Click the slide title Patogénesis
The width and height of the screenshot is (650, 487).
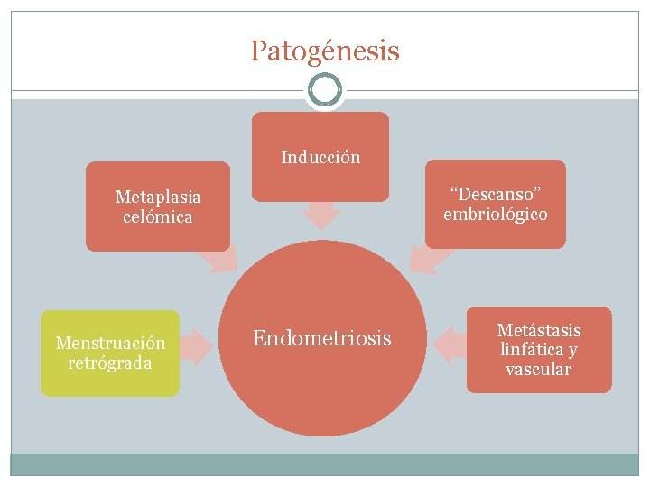[324, 51]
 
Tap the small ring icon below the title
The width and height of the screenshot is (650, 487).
[324, 90]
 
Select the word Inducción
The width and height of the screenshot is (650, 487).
[320, 157]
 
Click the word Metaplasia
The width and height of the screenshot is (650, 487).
[158, 197]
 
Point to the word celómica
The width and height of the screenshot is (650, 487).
[158, 217]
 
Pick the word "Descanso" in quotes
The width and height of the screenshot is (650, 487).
[496, 194]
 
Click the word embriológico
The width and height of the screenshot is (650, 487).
[496, 215]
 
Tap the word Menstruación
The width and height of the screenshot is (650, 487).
[110, 343]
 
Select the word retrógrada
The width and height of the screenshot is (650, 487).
[110, 363]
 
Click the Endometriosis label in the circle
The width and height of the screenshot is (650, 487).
[322, 338]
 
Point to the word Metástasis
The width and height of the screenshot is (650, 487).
[539, 330]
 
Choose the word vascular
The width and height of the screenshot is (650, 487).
[539, 370]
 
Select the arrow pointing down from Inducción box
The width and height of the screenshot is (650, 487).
[320, 216]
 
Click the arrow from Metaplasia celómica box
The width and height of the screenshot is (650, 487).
[219, 259]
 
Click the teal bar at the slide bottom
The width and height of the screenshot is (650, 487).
[324, 464]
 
